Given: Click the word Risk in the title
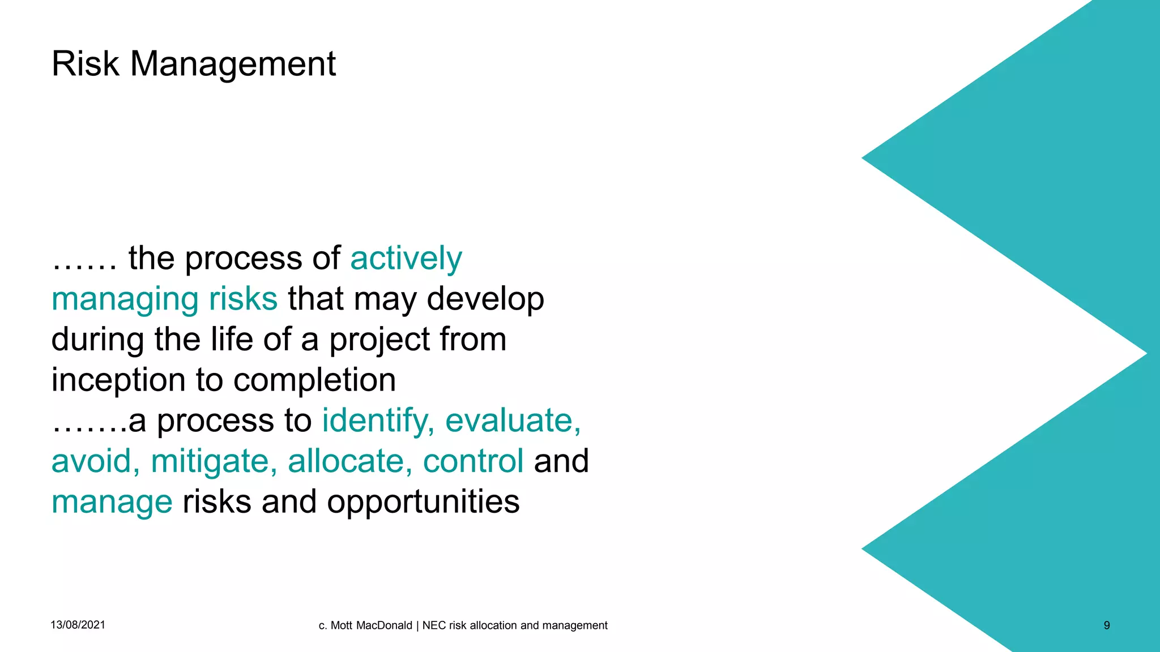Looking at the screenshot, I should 85,63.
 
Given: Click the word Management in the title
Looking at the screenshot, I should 233,63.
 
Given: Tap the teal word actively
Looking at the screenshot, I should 406,259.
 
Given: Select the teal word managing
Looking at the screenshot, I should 125,299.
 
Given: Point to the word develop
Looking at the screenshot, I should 485,299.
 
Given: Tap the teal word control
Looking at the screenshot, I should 473,461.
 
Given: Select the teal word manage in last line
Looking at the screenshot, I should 112,503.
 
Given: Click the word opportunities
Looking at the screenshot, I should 423,503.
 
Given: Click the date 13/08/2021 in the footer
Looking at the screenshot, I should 78,625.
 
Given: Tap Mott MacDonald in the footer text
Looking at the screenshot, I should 371,625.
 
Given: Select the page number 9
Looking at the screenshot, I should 1107,625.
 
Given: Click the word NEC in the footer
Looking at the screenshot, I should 434,625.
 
